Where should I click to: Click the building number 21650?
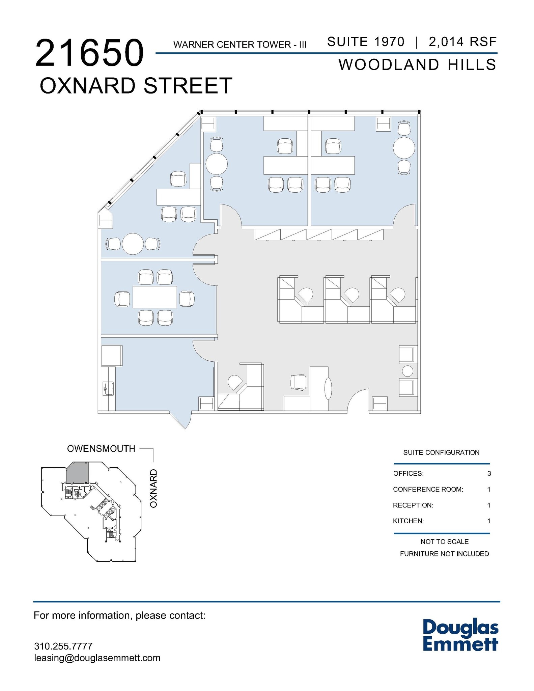pyautogui.click(x=89, y=53)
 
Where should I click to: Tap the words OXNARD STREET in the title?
pyautogui.click(x=136, y=86)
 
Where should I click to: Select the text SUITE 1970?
pyautogui.click(x=366, y=42)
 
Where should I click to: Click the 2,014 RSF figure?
pyautogui.click(x=462, y=42)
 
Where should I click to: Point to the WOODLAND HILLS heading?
pyautogui.click(x=417, y=65)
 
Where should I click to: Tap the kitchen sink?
pyautogui.click(x=108, y=388)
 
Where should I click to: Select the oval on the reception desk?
pyautogui.click(x=328, y=389)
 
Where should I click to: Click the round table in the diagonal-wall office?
pyautogui.click(x=133, y=244)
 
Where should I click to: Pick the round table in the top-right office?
pyautogui.click(x=404, y=148)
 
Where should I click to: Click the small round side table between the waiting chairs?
pyautogui.click(x=407, y=371)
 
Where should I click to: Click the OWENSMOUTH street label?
pyautogui.click(x=101, y=449)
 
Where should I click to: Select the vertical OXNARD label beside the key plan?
pyautogui.click(x=154, y=488)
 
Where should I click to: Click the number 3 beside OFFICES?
pyautogui.click(x=489, y=473)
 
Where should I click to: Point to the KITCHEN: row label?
pyautogui.click(x=408, y=521)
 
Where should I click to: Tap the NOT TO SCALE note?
pyautogui.click(x=444, y=542)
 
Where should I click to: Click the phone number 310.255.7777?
pyautogui.click(x=63, y=646)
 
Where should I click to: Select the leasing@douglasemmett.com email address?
pyautogui.click(x=97, y=658)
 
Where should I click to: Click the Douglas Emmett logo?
pyautogui.click(x=460, y=635)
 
